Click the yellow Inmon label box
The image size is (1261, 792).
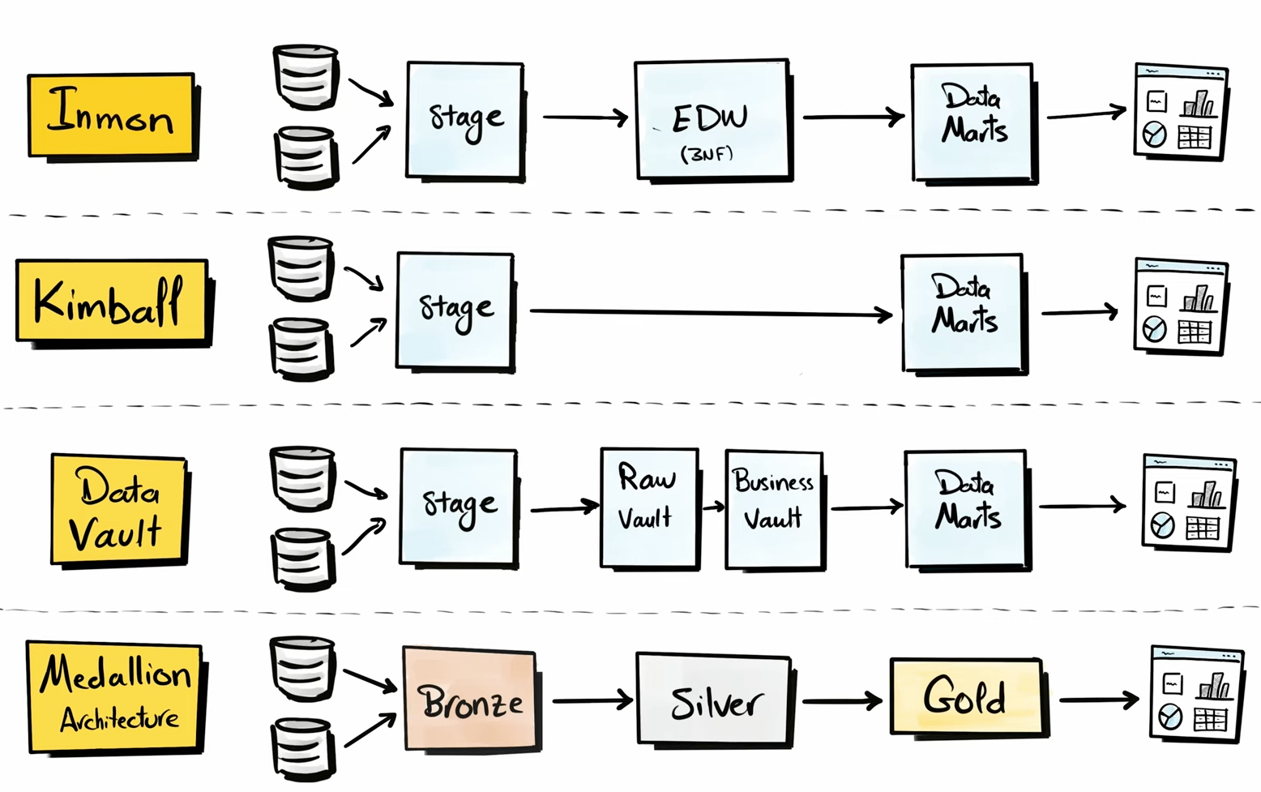(111, 114)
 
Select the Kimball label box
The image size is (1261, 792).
(112, 301)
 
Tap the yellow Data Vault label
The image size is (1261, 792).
(118, 508)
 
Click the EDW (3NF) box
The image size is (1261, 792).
(712, 118)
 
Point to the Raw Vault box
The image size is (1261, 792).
(648, 507)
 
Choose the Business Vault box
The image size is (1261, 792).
(774, 508)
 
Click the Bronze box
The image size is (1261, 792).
(469, 699)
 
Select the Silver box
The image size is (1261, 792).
(713, 700)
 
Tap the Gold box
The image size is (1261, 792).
(965, 696)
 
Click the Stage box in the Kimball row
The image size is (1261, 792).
(455, 310)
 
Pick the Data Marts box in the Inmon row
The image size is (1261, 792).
(972, 121)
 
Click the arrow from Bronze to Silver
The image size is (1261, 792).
(592, 700)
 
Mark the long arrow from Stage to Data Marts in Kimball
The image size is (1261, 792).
(710, 313)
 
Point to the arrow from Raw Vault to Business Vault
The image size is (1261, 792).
(712, 507)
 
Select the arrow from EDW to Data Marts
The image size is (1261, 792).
(853, 118)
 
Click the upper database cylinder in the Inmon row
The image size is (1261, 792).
(305, 76)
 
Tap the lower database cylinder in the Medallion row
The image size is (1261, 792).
(303, 748)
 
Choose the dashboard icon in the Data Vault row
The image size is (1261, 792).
(1188, 503)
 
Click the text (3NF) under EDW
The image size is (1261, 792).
(707, 153)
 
